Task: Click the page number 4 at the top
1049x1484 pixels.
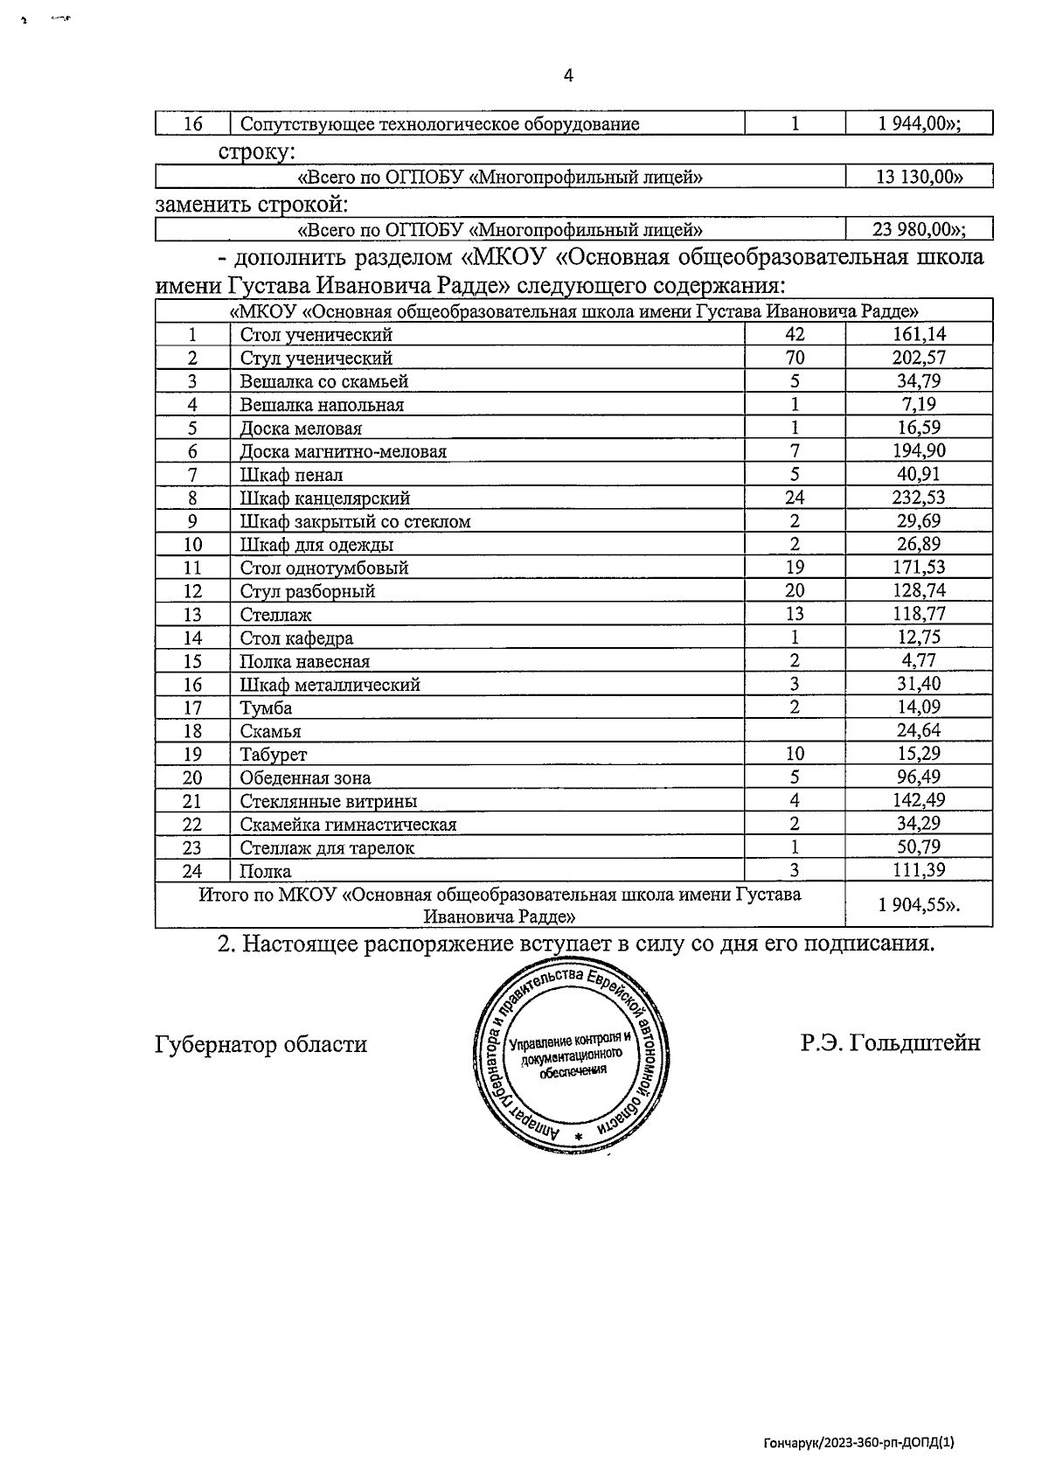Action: [568, 76]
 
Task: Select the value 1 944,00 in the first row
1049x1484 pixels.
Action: [919, 123]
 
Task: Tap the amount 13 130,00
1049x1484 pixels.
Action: [919, 178]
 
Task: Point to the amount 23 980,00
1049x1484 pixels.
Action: [919, 230]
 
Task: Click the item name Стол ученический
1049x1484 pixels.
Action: [316, 335]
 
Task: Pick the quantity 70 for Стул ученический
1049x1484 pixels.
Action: [795, 358]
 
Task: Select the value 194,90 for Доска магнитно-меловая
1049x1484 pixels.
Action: [919, 450]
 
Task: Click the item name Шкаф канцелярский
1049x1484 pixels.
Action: [325, 498]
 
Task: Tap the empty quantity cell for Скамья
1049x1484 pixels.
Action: [795, 730]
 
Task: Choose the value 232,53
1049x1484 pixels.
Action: [919, 498]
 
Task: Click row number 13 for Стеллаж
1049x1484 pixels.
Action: [192, 615]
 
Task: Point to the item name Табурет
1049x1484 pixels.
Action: [274, 755]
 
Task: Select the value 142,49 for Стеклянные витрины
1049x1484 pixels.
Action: [919, 800]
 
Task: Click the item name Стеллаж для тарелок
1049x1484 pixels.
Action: [327, 847]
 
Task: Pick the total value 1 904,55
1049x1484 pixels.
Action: [919, 905]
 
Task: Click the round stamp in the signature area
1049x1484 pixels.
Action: [573, 1056]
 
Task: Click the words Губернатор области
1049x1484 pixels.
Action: [261, 1044]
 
